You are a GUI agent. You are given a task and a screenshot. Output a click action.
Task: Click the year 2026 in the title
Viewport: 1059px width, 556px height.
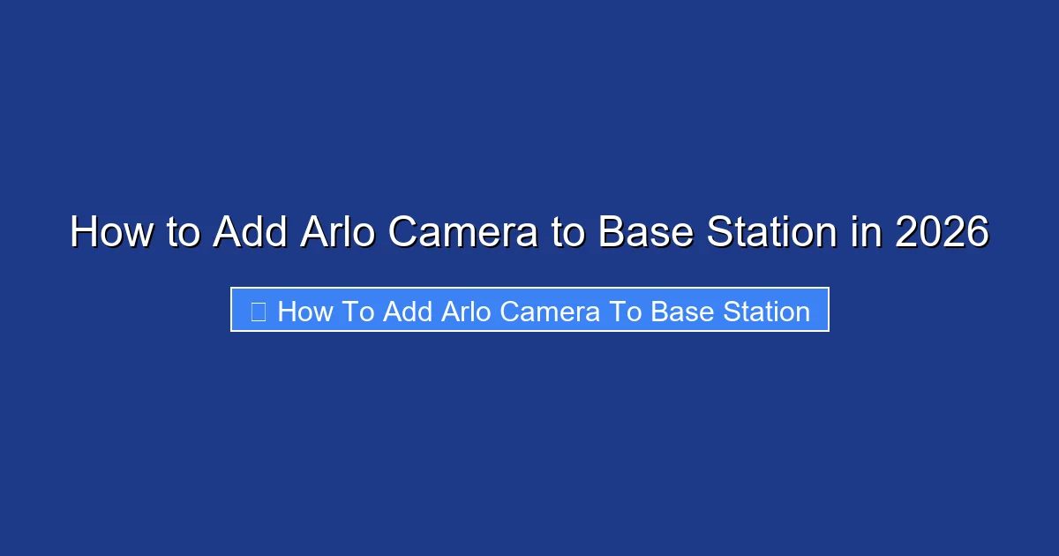[942, 233]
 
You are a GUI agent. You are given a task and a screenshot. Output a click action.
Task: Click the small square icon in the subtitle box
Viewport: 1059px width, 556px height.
[259, 312]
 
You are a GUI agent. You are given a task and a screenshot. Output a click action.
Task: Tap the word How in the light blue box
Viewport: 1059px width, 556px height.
[303, 312]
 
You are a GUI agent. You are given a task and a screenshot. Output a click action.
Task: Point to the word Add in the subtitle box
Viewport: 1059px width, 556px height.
[405, 312]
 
